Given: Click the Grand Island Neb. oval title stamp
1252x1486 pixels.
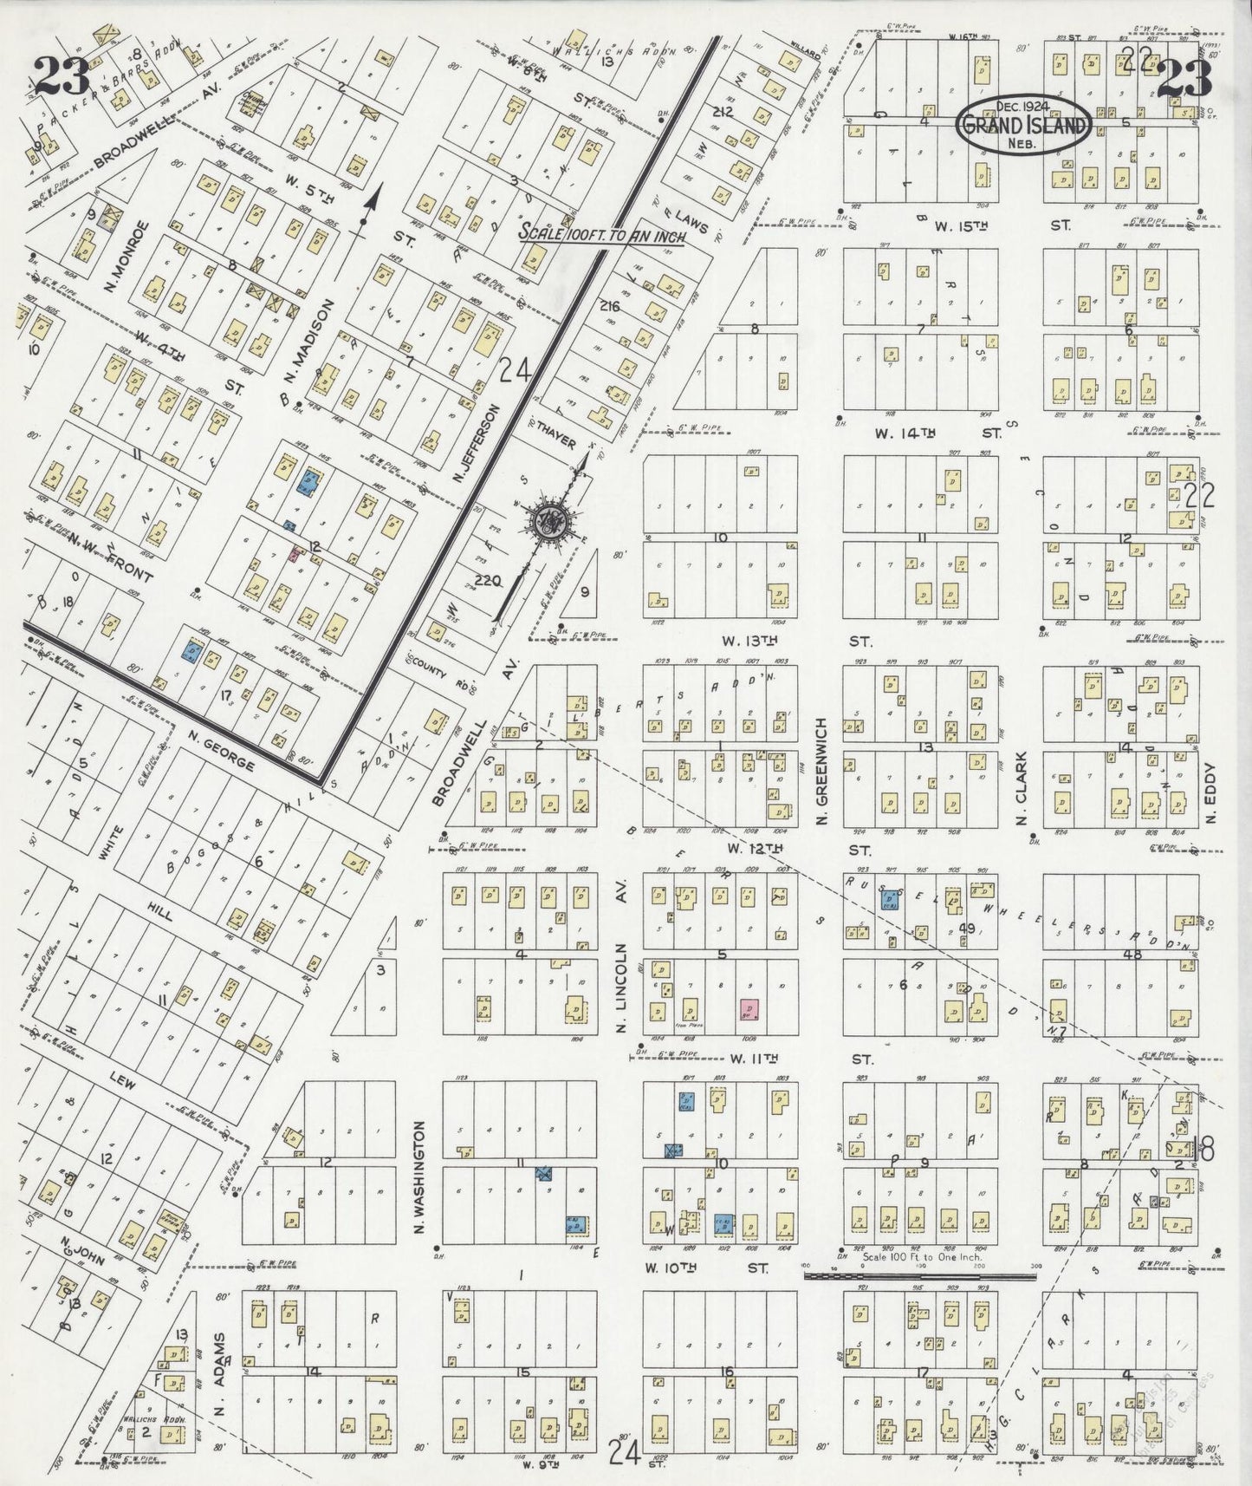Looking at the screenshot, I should (1022, 125).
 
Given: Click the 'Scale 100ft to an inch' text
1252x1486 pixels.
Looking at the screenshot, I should (601, 234).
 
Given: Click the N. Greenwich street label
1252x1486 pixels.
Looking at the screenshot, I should (824, 772).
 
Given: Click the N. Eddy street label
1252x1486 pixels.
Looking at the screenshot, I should (1211, 793).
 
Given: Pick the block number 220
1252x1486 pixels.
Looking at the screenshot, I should (488, 582).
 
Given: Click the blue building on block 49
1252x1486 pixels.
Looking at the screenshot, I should (888, 900).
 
